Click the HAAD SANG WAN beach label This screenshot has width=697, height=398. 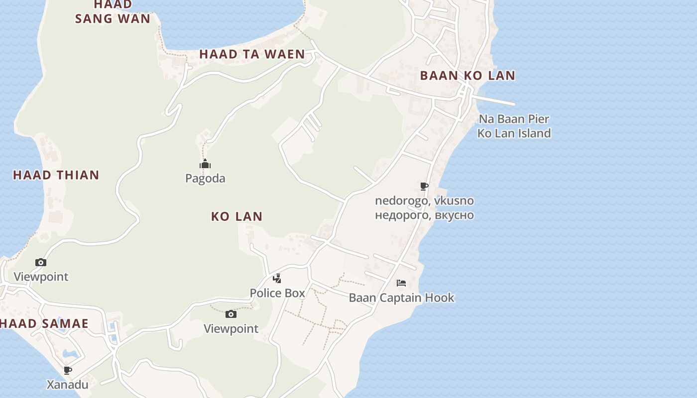pyautogui.click(x=113, y=12)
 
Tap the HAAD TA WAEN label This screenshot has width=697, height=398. pyautogui.click(x=252, y=54)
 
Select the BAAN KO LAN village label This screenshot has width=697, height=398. pyautogui.click(x=467, y=76)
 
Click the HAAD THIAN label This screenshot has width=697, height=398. pyautogui.click(x=56, y=175)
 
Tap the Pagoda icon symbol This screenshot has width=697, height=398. pyautogui.click(x=205, y=164)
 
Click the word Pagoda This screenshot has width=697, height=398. pyautogui.click(x=205, y=178)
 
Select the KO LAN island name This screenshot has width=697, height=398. pyautogui.click(x=236, y=216)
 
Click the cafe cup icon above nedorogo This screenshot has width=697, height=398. pyautogui.click(x=424, y=187)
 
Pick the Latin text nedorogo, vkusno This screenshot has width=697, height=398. pyautogui.click(x=424, y=201)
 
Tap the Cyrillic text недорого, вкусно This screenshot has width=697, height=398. pyautogui.click(x=424, y=215)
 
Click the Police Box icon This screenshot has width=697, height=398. pyautogui.click(x=277, y=279)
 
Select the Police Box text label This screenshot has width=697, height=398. pyautogui.click(x=277, y=293)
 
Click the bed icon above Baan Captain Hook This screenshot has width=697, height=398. pyautogui.click(x=401, y=283)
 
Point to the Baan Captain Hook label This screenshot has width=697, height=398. pyautogui.click(x=401, y=298)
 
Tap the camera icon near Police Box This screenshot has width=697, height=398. pyautogui.click(x=231, y=314)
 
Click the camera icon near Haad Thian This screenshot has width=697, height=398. pyautogui.click(x=41, y=262)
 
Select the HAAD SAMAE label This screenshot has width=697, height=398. pyautogui.click(x=44, y=324)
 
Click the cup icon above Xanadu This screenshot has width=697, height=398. pyautogui.click(x=68, y=370)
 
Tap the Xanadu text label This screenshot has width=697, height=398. pyautogui.click(x=68, y=385)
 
